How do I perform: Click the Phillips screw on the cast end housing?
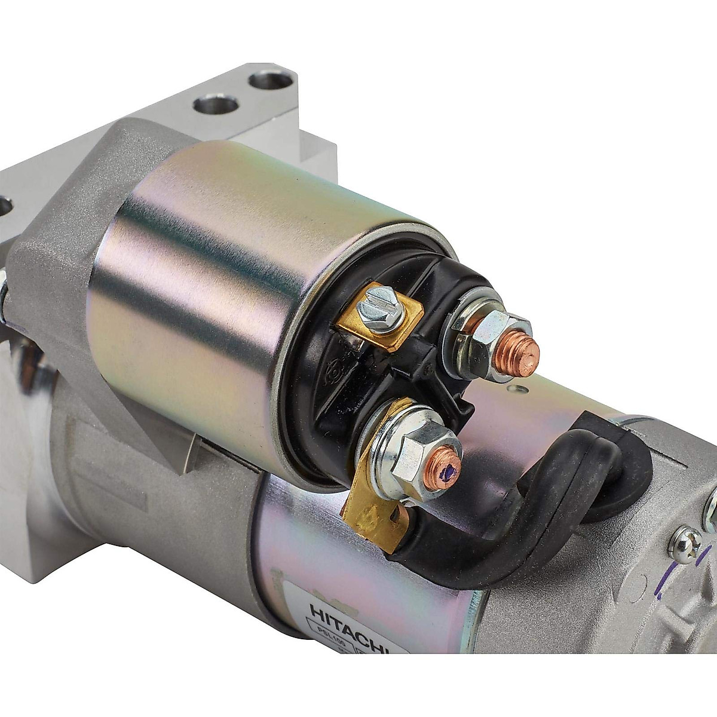[x=684, y=544]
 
